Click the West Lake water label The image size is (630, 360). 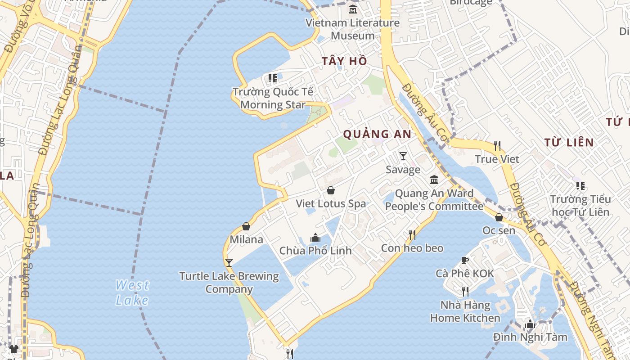(132, 292)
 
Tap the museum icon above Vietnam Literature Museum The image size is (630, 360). (353, 9)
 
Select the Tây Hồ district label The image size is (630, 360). (344, 61)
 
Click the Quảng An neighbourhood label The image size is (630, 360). (377, 134)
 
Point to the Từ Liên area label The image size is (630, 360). (569, 143)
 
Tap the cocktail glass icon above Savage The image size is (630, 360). (403, 156)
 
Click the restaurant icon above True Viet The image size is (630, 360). (497, 145)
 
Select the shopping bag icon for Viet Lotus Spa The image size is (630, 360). (331, 190)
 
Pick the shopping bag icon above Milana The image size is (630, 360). (246, 226)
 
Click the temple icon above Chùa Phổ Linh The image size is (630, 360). (315, 237)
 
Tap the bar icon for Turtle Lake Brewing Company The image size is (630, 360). (229, 262)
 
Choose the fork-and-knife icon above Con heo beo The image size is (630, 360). (412, 234)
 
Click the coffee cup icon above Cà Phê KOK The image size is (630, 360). (465, 260)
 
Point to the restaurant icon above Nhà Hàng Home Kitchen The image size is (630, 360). (465, 292)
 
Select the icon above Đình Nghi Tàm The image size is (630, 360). (530, 324)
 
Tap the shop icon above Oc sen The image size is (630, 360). (499, 217)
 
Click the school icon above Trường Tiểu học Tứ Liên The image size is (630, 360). (580, 185)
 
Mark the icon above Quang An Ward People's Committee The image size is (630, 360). (434, 180)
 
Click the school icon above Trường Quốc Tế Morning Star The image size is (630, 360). (272, 78)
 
